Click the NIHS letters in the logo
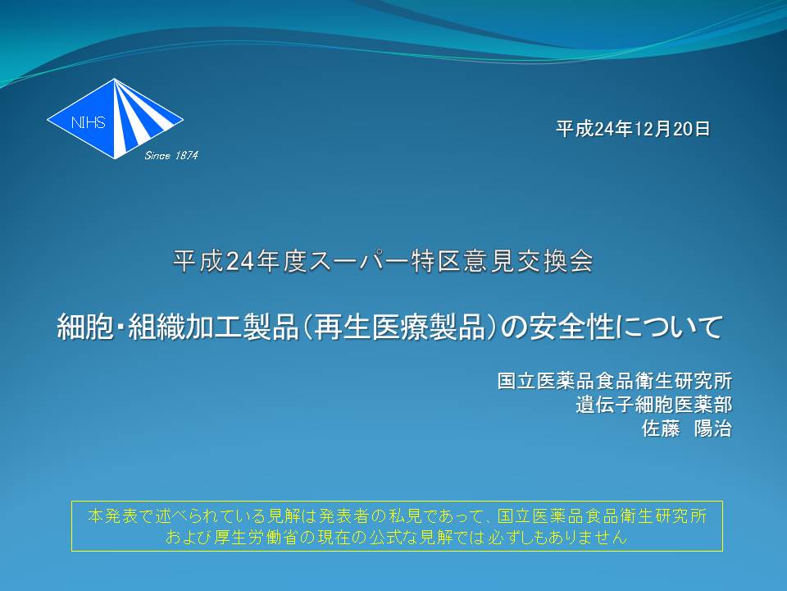89,122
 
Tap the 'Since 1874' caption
171,156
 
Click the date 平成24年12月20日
633,129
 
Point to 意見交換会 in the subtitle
527,261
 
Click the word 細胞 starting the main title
86,327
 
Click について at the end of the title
669,327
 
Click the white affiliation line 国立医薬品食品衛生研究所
615,380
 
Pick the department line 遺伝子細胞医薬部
654,405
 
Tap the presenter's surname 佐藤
661,428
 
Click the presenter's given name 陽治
712,428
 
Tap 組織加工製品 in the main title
214,327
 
